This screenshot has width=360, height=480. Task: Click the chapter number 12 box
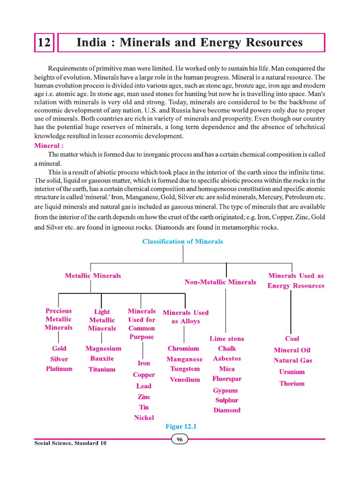[x=44, y=43]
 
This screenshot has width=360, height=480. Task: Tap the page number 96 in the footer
[x=180, y=439]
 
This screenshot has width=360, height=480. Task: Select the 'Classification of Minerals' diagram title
[x=183, y=241]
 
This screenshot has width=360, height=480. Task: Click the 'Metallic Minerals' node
[x=93, y=276]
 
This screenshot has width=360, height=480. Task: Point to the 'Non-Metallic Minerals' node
[x=220, y=282]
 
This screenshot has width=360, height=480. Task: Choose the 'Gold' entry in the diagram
[x=59, y=348]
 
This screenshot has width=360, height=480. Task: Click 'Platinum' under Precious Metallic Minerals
[x=59, y=368]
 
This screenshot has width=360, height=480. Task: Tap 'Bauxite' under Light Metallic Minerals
[x=102, y=359]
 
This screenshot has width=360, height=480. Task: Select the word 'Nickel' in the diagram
[x=144, y=417]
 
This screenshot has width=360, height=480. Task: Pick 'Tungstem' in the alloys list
[x=185, y=369]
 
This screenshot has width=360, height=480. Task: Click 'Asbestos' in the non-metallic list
[x=227, y=359]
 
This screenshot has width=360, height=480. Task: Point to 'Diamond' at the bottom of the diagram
[x=227, y=410]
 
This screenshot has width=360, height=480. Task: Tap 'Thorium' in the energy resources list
[x=292, y=383]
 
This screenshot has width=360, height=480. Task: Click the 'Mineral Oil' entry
[x=292, y=350]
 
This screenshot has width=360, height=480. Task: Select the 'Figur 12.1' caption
[x=180, y=427]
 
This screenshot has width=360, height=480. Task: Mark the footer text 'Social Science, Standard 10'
[x=70, y=443]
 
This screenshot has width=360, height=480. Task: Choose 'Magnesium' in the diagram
[x=103, y=348]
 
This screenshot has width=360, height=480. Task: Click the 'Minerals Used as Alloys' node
[x=186, y=317]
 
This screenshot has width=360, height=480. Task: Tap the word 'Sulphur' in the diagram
[x=227, y=400]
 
